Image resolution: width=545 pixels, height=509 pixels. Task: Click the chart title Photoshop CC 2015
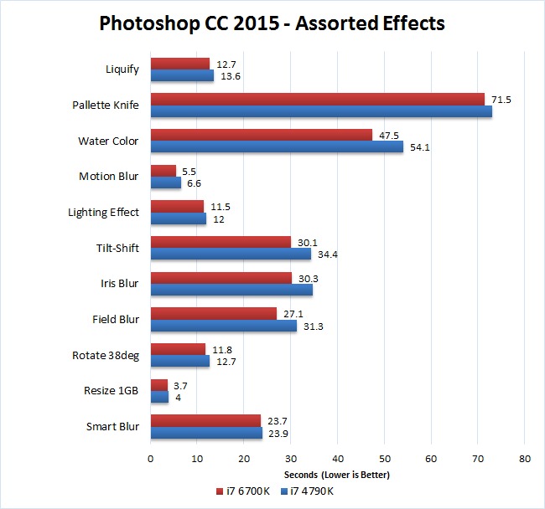point(272,23)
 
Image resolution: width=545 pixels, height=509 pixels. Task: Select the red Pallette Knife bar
point(317,99)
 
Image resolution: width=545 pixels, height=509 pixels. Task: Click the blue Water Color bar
point(277,147)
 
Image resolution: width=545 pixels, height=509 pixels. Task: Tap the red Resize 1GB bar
point(159,385)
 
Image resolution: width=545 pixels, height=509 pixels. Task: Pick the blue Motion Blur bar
point(166,183)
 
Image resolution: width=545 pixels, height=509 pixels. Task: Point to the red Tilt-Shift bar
point(221,242)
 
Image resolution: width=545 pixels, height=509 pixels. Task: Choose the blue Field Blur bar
point(223,326)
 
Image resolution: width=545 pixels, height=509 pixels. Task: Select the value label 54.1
point(418,147)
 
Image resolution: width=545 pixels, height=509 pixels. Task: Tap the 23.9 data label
point(278,433)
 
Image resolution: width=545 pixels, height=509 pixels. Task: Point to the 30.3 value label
point(305,278)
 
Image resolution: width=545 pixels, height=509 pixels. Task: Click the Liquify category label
point(122,69)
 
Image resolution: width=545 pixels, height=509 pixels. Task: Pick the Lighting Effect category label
point(103,212)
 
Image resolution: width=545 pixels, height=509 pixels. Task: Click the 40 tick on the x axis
point(337,458)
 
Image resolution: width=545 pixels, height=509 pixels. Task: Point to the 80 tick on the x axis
point(524,458)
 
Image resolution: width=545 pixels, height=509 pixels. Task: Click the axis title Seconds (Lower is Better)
point(337,475)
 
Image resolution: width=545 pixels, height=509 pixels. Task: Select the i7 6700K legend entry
point(244,490)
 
